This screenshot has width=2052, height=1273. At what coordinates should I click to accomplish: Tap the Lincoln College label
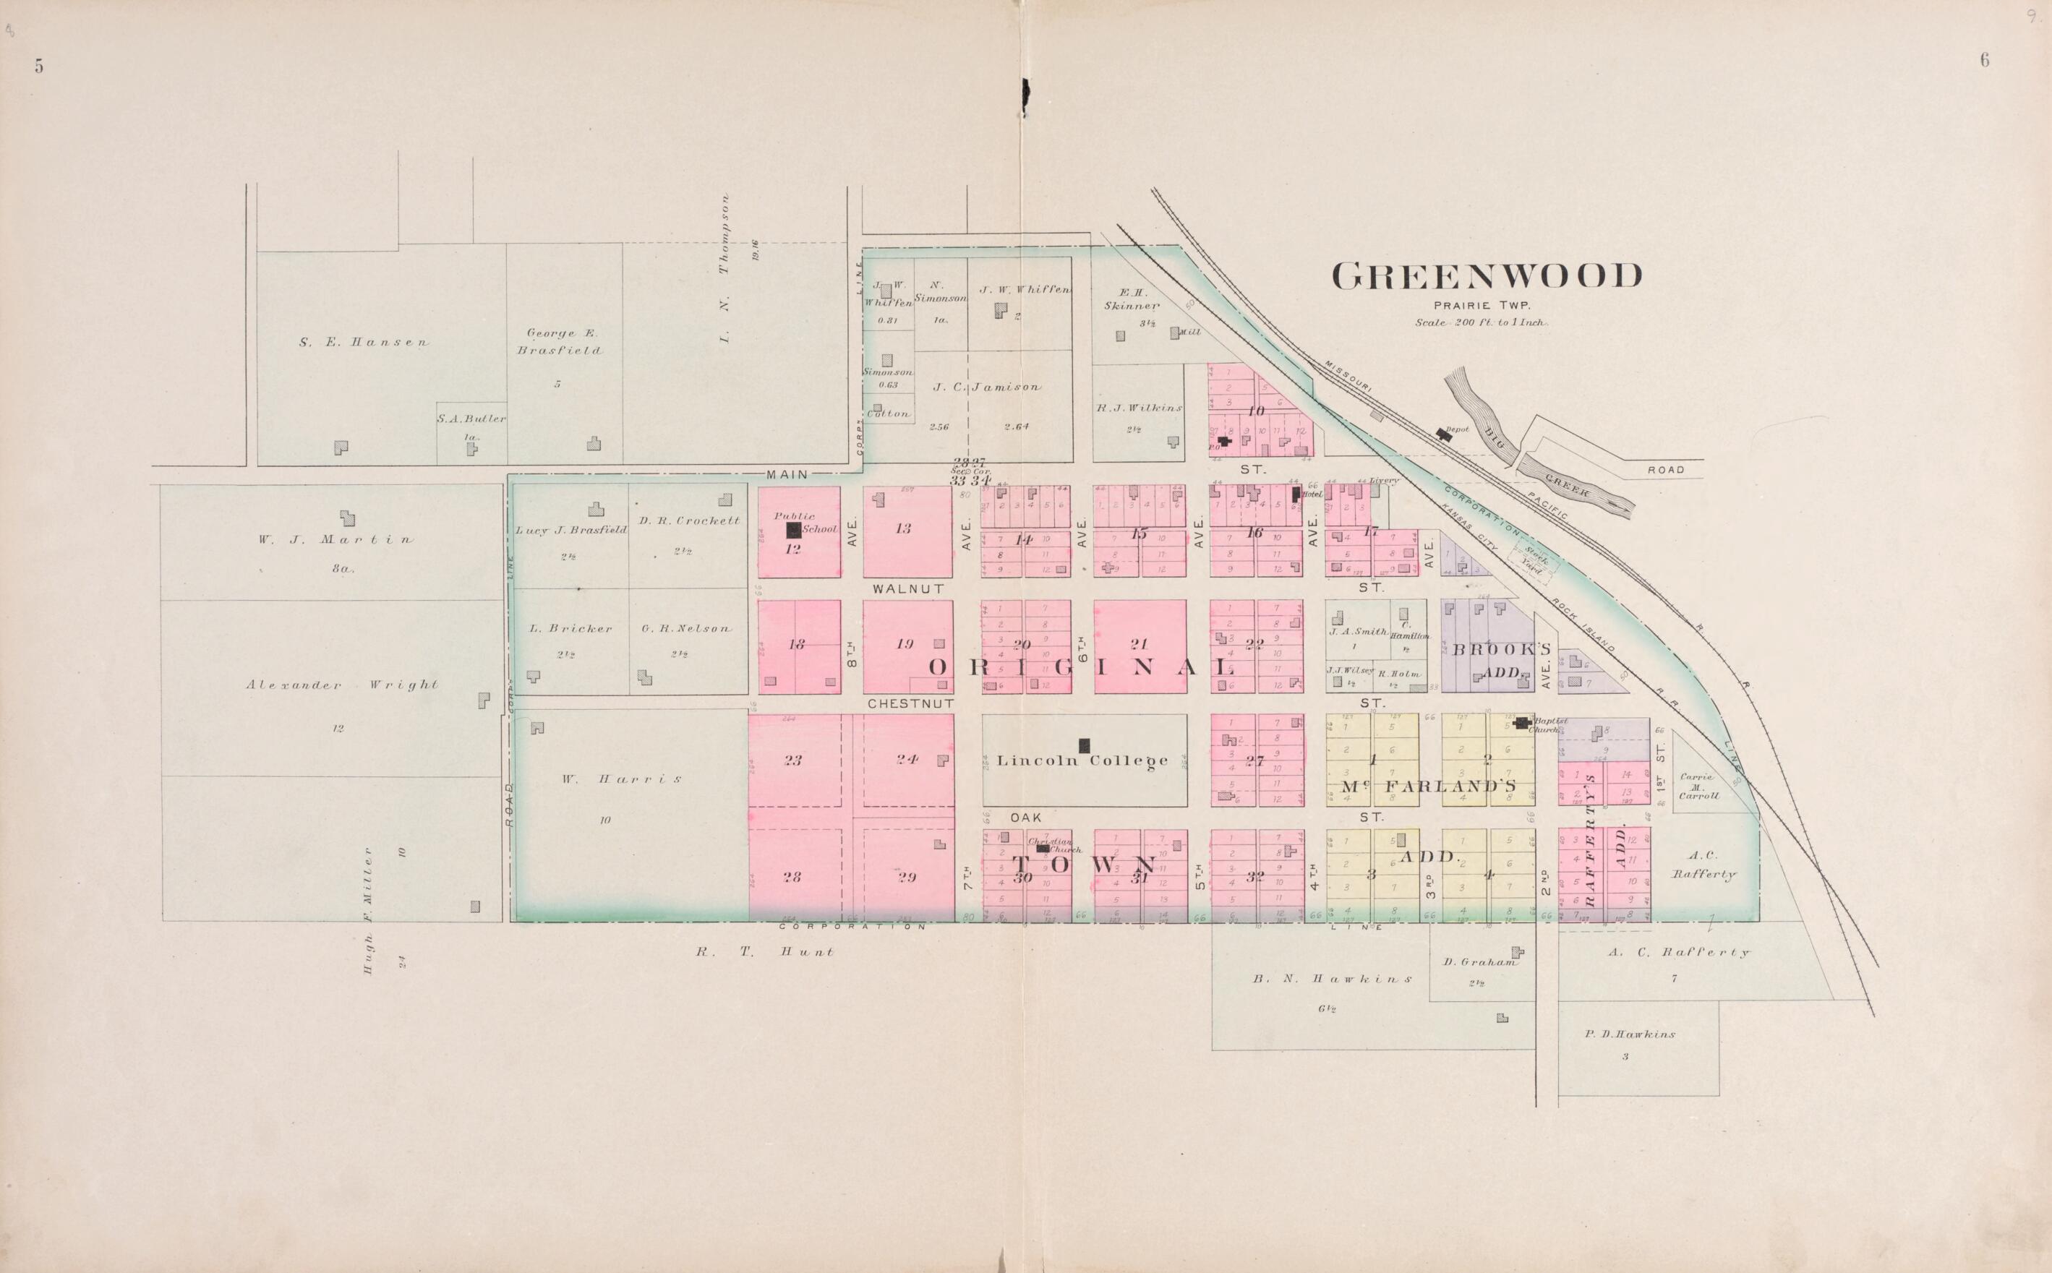click(1083, 761)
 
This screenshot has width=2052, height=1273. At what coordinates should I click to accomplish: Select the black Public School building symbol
click(793, 530)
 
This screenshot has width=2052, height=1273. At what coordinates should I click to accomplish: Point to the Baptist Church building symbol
click(1521, 722)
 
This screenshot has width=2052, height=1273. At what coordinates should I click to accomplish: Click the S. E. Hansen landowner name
click(364, 343)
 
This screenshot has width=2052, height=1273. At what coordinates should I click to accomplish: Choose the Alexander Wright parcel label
click(342, 685)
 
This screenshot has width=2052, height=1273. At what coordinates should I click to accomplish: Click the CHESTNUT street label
click(910, 703)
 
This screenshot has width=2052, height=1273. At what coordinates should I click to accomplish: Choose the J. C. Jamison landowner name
click(986, 387)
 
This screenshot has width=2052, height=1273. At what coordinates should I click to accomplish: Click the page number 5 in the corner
click(39, 67)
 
